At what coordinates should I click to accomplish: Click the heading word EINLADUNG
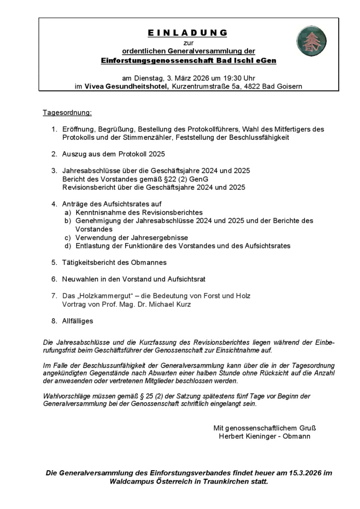click(x=187, y=33)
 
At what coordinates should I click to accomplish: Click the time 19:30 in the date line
click(x=231, y=78)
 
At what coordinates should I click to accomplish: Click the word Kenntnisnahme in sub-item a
click(x=99, y=212)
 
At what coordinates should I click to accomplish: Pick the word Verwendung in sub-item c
click(x=95, y=238)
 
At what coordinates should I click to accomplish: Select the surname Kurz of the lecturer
click(x=182, y=304)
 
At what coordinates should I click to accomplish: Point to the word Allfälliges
click(x=78, y=321)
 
